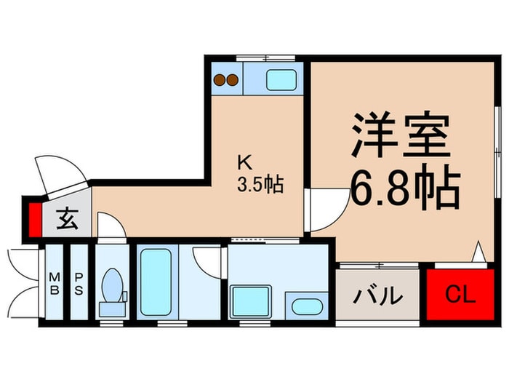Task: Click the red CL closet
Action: (x=460, y=295)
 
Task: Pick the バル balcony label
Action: (x=378, y=296)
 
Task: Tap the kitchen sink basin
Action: (x=281, y=79)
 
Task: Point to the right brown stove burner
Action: (x=233, y=80)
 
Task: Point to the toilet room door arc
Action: (x=111, y=226)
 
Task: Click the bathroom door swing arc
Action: (x=207, y=260)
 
